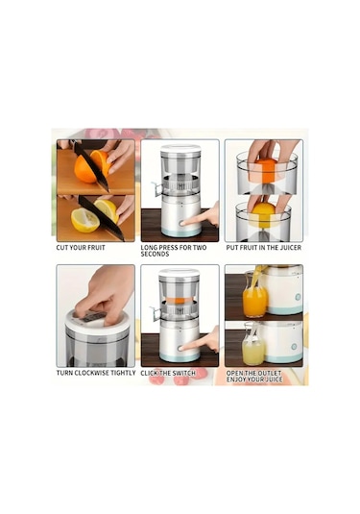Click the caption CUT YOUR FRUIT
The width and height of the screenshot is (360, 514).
click(x=81, y=248)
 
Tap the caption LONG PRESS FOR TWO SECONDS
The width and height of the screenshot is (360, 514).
click(x=174, y=251)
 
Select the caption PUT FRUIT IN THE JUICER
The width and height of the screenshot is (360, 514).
click(x=264, y=248)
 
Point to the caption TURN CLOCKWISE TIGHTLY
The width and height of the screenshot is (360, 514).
click(x=96, y=373)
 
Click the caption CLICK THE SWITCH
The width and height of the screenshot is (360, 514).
click(x=168, y=373)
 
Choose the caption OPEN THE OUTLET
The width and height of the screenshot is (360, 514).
click(x=253, y=373)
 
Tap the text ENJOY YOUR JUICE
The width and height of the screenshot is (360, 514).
click(x=254, y=379)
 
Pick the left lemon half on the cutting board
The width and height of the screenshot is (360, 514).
click(x=84, y=220)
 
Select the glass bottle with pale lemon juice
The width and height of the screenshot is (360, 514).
click(x=253, y=344)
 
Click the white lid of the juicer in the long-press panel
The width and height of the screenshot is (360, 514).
click(x=180, y=149)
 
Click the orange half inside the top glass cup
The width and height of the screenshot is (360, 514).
click(x=266, y=170)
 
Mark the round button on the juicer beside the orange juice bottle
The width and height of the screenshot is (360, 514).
click(x=298, y=297)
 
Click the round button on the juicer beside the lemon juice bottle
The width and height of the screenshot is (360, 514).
click(x=294, y=347)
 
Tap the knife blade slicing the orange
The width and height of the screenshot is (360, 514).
click(x=91, y=166)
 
